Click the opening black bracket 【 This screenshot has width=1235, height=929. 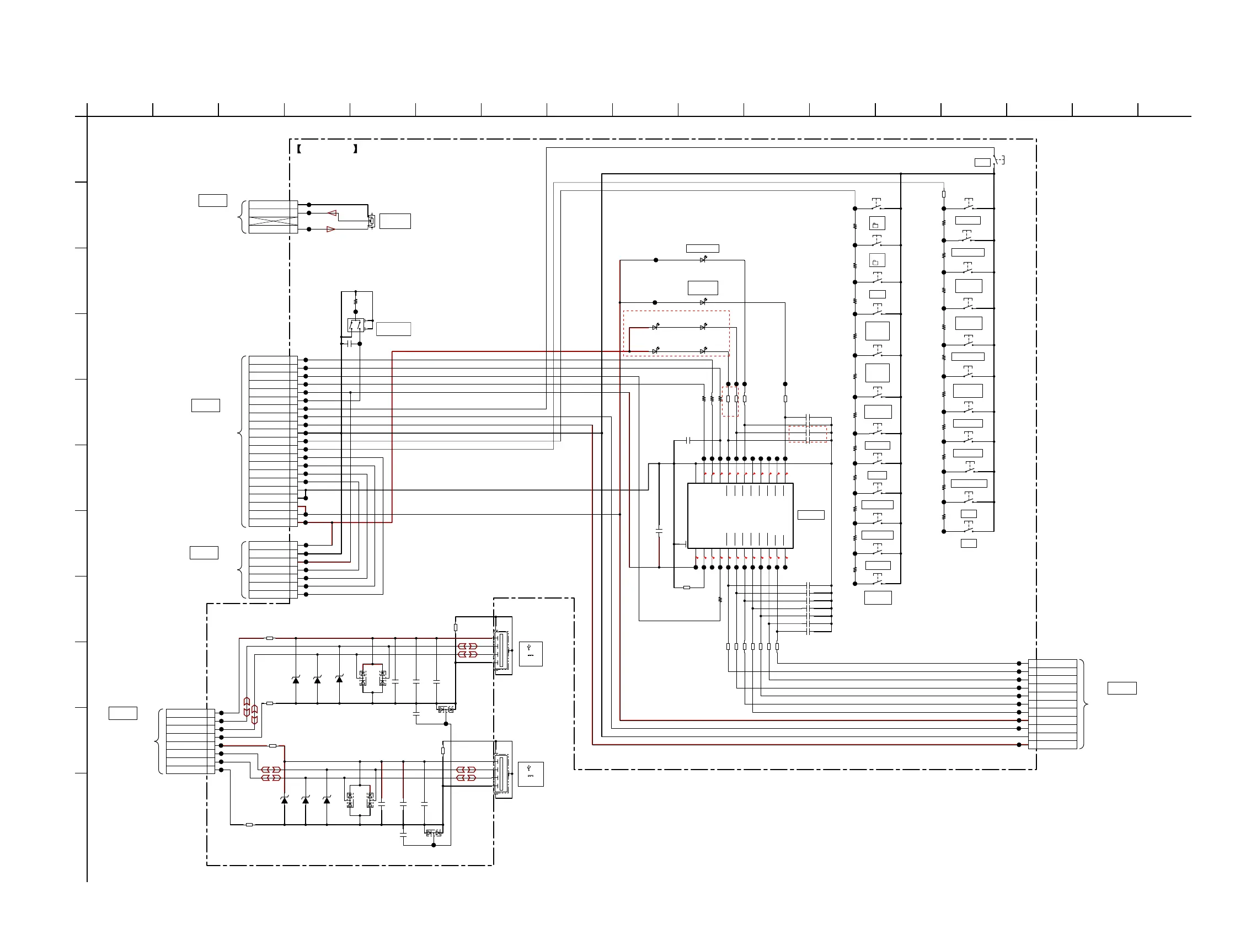point(300,149)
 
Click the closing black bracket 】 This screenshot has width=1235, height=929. point(356,149)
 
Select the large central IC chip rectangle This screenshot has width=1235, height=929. point(740,516)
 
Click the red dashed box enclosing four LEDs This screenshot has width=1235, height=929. point(676,333)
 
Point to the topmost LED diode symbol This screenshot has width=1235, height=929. point(703,260)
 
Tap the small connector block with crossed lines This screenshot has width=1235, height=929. point(273,217)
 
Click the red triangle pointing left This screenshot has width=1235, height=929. point(332,213)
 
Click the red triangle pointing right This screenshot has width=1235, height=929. point(330,229)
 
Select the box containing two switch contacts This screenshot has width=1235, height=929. point(355,325)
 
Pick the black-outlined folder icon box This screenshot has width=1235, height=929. point(876,223)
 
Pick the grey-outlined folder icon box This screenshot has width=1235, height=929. point(876,260)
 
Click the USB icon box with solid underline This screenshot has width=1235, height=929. point(531,654)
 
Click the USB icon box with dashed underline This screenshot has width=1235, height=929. point(531,774)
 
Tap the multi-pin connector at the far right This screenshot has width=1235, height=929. point(1052,704)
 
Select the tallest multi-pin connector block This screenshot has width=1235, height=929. point(273,441)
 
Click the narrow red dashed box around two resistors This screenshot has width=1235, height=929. point(730,401)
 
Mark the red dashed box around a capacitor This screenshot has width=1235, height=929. point(808,434)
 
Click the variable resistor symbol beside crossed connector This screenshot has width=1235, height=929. point(371,221)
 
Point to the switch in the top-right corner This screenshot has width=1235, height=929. point(999,160)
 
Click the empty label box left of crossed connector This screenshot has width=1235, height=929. point(213,200)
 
